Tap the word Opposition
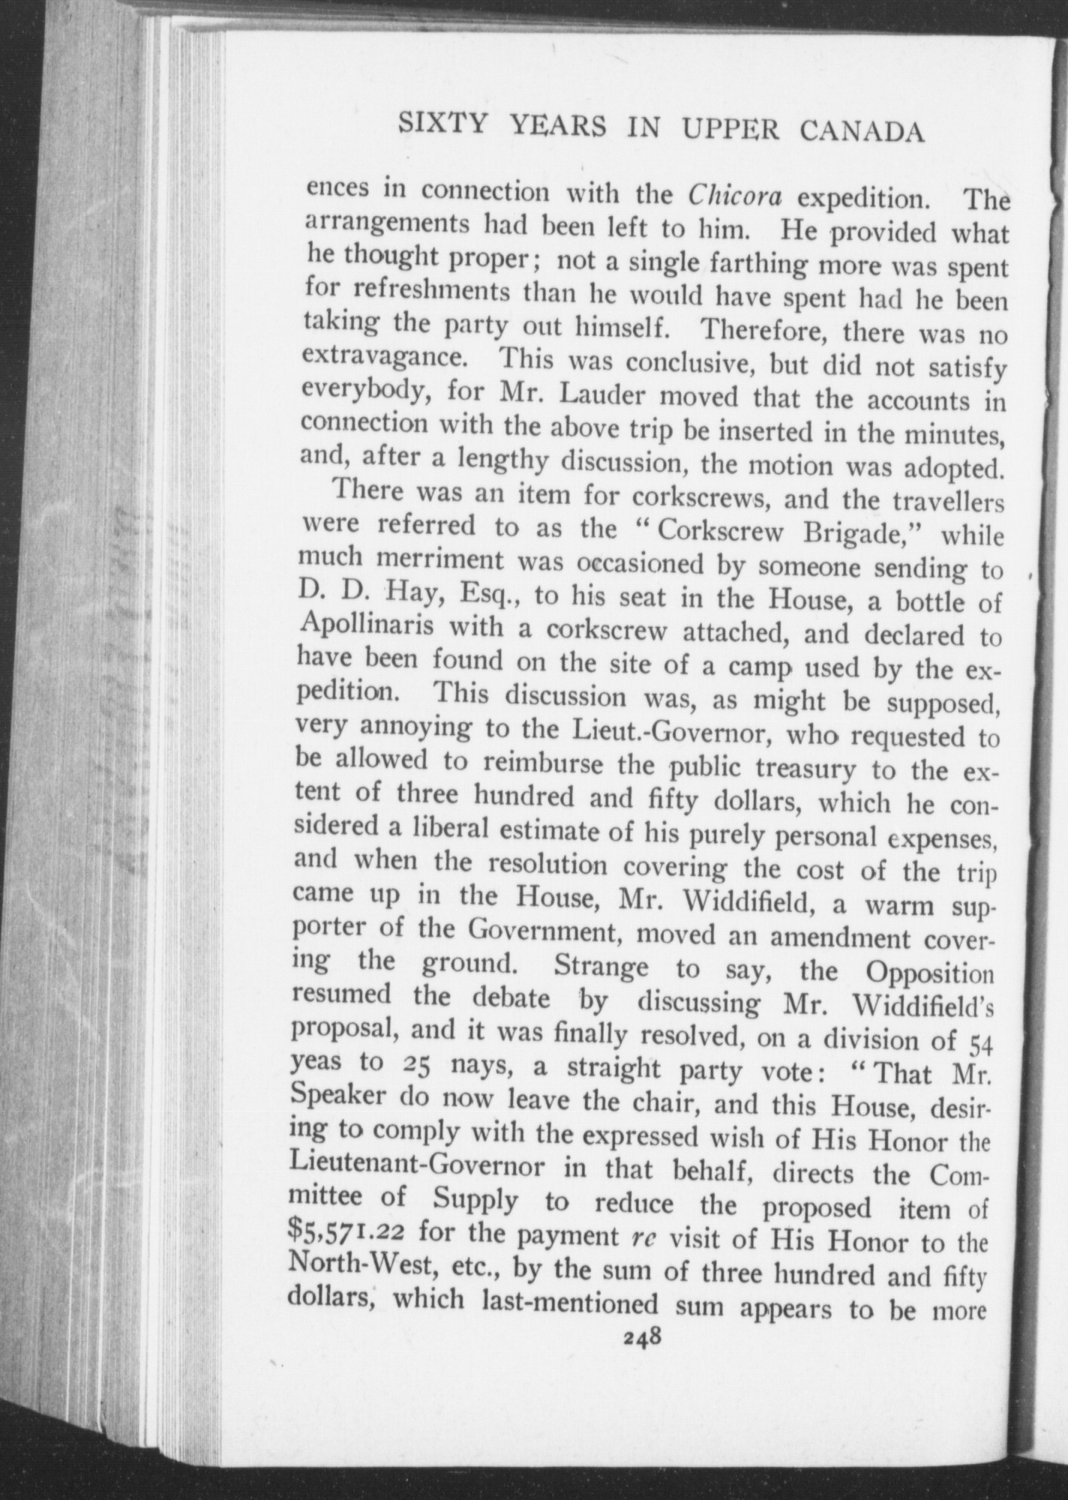point(929,974)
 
